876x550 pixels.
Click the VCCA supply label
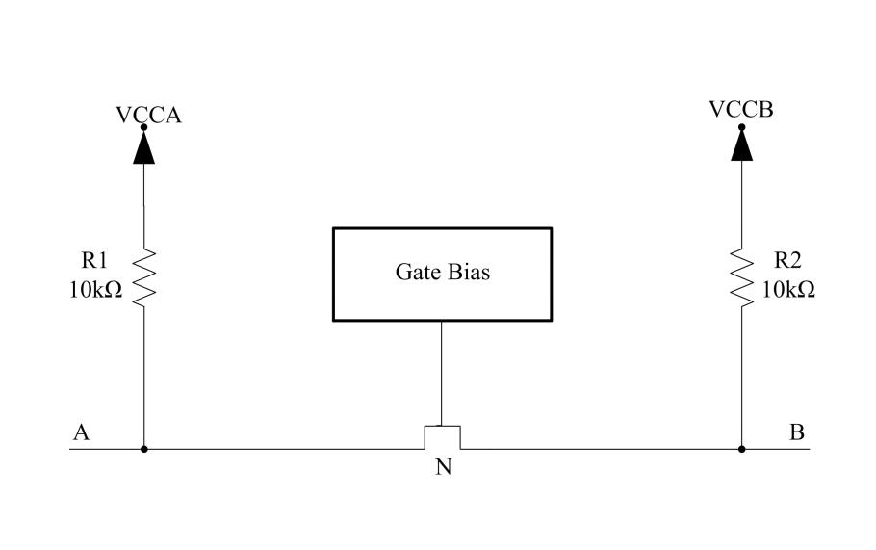pos(148,115)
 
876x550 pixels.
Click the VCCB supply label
pos(741,109)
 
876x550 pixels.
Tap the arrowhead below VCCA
pos(143,148)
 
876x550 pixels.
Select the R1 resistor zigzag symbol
pos(143,277)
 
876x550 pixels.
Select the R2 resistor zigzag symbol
pos(742,277)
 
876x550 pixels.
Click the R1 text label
pos(94,260)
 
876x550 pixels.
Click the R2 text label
pos(787,260)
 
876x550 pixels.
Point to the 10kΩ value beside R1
pos(95,290)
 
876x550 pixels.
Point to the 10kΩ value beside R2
pos(788,290)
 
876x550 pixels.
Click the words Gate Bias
pos(443,273)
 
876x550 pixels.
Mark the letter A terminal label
pos(81,432)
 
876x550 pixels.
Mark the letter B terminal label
pos(797,432)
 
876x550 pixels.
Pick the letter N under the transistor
pos(443,467)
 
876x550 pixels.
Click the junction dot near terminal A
pos(143,449)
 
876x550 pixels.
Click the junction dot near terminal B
pos(742,449)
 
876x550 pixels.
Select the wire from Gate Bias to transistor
pos(441,374)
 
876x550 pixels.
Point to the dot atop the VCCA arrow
pos(143,127)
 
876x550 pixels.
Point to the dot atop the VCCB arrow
pos(742,127)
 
